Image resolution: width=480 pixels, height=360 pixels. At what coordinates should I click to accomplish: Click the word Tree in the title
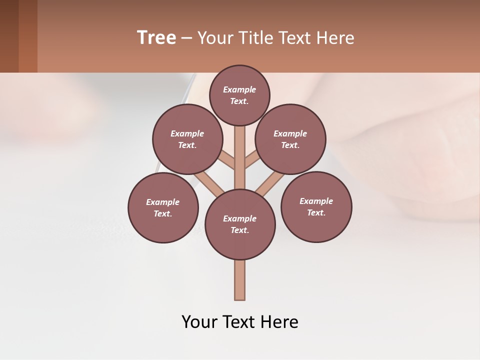point(156,38)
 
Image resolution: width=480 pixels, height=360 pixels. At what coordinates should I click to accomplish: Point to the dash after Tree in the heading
point(186,38)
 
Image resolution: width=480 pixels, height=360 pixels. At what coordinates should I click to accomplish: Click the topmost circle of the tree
point(239,95)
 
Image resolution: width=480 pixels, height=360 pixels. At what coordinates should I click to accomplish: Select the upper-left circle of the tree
point(187,139)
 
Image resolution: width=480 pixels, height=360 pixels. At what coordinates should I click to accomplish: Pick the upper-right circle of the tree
point(290,139)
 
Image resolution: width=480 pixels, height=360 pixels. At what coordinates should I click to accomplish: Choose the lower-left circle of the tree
point(163,208)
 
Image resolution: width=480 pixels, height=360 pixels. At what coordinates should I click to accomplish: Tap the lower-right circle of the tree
point(316,207)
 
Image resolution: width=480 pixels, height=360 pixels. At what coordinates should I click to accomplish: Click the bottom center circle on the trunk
point(240,224)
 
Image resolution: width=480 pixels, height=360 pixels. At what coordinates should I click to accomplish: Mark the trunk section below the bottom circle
point(240,280)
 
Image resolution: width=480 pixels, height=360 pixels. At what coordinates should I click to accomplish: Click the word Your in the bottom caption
point(200,322)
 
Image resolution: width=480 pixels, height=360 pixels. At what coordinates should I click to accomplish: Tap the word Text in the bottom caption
point(242,322)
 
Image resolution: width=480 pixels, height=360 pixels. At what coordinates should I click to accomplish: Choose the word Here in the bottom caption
point(281,322)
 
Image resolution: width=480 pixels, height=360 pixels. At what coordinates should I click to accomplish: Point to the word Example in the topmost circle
point(239,89)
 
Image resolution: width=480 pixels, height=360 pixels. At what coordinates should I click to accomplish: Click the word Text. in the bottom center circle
point(239,230)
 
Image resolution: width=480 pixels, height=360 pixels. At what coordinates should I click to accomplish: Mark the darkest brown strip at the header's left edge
point(9,36)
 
